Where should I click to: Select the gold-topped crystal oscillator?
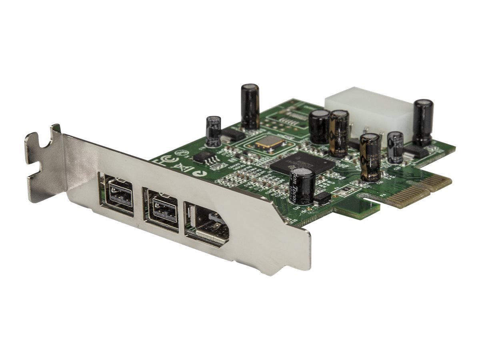pos(268,143)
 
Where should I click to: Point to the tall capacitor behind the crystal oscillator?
pos(250,106)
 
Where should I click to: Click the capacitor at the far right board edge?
pos(423,122)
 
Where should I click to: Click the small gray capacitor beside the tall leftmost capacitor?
pos(213,131)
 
